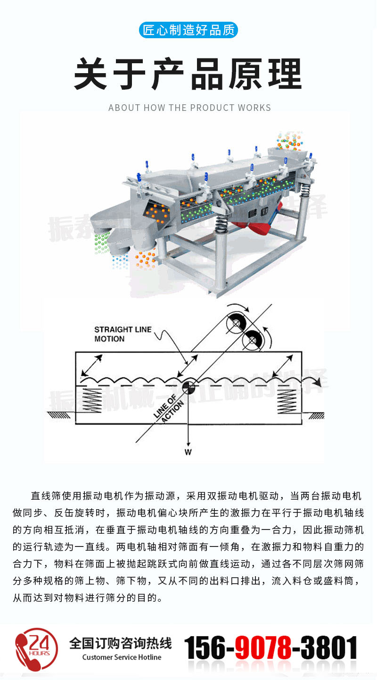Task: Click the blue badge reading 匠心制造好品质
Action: (188, 31)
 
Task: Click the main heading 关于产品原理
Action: (188, 74)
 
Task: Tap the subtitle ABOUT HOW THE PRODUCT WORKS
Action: (189, 108)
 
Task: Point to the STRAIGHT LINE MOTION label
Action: (123, 334)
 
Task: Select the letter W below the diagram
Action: (188, 452)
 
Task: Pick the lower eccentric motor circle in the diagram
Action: (252, 340)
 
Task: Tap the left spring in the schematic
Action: (92, 399)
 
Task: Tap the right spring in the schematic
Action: (286, 399)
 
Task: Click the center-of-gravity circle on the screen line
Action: (188, 386)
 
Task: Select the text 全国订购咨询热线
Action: (121, 644)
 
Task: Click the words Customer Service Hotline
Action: (122, 657)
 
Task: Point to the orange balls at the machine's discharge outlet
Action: (146, 259)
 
